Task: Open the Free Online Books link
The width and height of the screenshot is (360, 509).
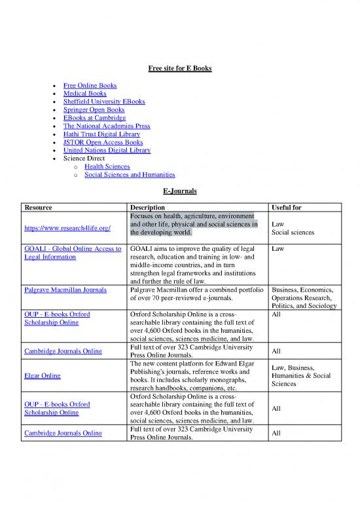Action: click(x=90, y=86)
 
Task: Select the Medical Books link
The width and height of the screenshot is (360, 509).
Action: click(x=84, y=94)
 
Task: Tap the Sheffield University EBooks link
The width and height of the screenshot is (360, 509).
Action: click(x=104, y=102)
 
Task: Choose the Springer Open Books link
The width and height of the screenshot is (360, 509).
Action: click(x=94, y=110)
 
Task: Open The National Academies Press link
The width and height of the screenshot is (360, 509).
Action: click(x=106, y=126)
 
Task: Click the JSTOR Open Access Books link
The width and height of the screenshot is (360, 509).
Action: click(x=103, y=142)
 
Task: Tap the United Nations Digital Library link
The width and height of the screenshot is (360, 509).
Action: click(x=107, y=150)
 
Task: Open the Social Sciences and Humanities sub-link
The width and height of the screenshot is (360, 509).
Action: click(x=130, y=175)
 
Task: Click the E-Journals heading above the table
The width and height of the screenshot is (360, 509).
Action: click(x=179, y=191)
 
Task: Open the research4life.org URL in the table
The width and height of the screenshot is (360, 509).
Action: click(x=67, y=228)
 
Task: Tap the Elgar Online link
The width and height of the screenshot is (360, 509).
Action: click(x=42, y=376)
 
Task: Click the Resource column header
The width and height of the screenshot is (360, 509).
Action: click(x=38, y=208)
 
